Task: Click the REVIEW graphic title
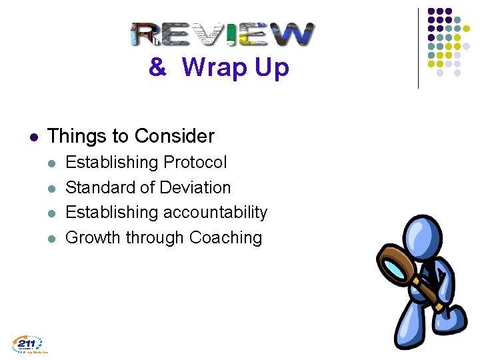[x=223, y=34]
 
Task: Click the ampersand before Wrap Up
[x=157, y=67]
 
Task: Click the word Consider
[x=174, y=136]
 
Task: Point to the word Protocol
[x=195, y=163]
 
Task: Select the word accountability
[x=215, y=213]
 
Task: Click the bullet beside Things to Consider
[x=34, y=137]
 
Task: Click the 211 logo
[x=27, y=344]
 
